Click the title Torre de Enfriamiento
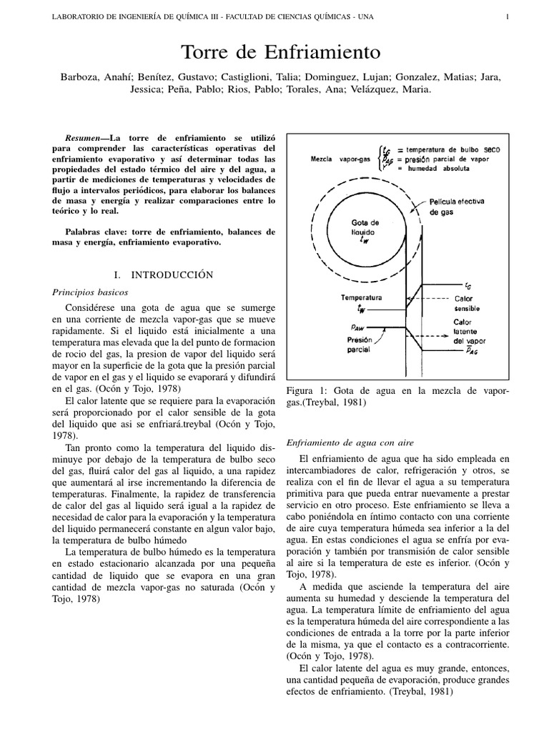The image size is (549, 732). tap(274, 52)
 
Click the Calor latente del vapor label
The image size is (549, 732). tap(468, 330)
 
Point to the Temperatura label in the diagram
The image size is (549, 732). tap(361, 296)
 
